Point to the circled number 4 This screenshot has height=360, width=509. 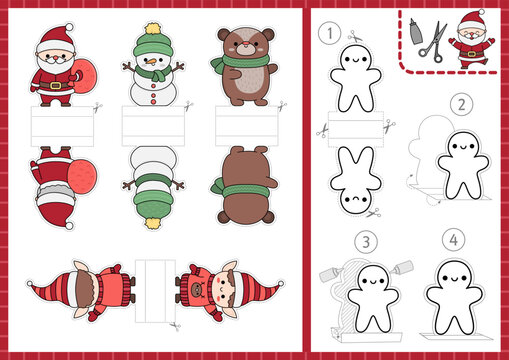(456, 241)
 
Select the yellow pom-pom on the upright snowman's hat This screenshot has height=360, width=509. (152, 29)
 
